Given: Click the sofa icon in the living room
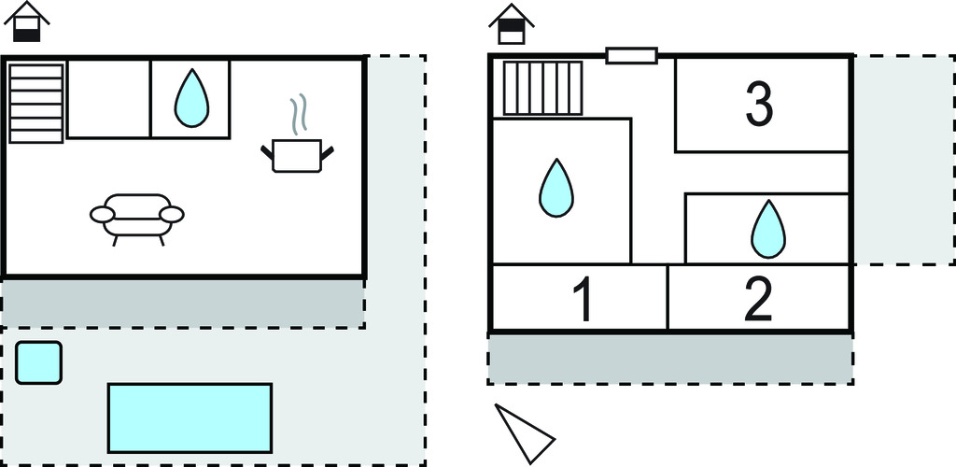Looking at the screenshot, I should (137, 218).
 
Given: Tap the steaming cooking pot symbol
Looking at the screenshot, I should (296, 155).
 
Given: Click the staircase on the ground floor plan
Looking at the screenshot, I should (36, 103).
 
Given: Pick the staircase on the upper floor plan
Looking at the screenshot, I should (542, 88).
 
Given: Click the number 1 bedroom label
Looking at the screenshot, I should (582, 300).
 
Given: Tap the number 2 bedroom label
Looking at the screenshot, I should (758, 300).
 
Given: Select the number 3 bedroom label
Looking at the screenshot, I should (759, 106).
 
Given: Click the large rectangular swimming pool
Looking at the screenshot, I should (190, 417).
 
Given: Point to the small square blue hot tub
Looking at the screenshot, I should (39, 363).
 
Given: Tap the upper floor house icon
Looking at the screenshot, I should (511, 23).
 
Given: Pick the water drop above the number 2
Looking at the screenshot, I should (768, 230).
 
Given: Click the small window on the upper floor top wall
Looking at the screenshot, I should (631, 56).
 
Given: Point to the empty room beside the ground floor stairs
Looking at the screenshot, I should (108, 99).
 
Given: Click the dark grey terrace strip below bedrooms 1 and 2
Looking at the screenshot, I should (669, 359).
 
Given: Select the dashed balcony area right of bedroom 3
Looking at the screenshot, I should (900, 159).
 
